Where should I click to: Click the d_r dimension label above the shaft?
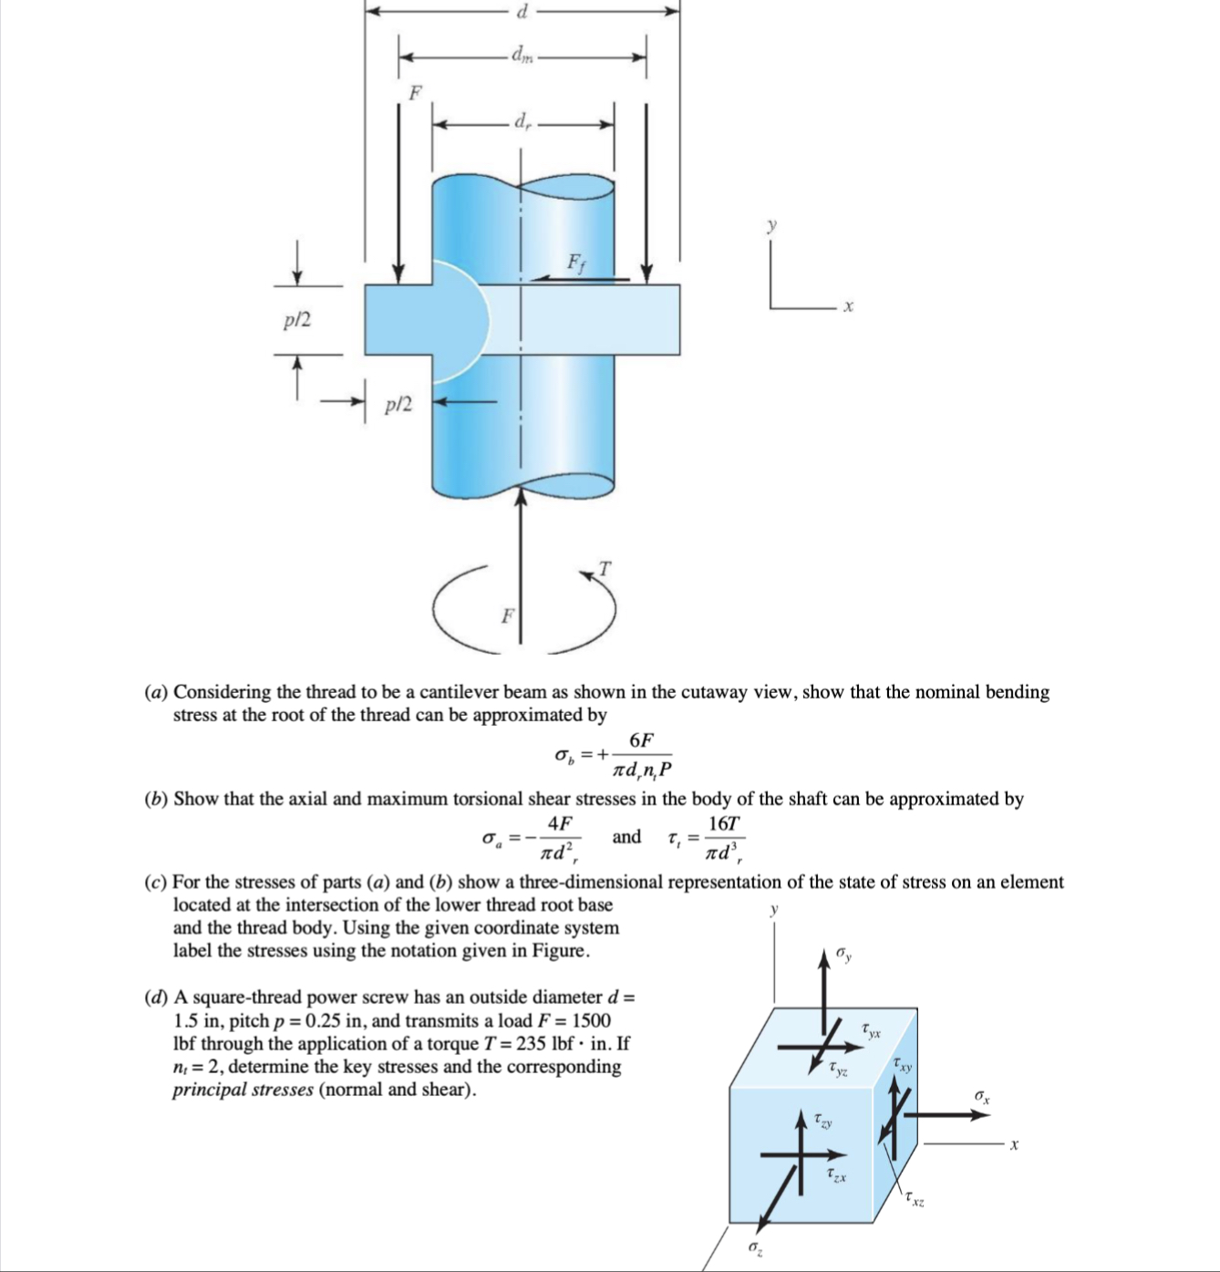522,120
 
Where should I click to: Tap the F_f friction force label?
576,264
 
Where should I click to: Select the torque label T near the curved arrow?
605,568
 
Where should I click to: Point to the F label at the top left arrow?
416,92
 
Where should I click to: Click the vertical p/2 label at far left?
297,320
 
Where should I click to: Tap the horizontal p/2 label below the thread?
398,404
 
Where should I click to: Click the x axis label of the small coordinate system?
848,308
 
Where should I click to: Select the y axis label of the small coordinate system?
772,224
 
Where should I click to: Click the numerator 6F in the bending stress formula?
641,739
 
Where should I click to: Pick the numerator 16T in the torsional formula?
724,823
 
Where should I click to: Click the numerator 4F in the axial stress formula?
560,823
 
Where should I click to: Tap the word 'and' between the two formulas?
626,837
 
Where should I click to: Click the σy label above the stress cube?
844,954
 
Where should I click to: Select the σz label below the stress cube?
756,1246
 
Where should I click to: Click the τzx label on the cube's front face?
836,1174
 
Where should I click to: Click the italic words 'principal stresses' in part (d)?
243,1090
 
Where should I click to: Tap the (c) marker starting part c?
156,883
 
